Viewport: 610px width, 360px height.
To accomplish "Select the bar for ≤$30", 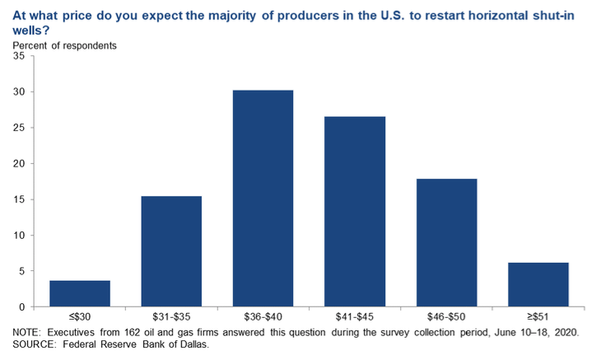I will pos(80,293).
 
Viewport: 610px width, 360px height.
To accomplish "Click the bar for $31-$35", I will pos(171,251).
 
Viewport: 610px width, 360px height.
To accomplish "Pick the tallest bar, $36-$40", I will pos(263,199).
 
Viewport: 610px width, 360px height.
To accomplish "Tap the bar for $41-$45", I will pos(355,212).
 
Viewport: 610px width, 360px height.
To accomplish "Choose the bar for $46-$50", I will pos(447,243).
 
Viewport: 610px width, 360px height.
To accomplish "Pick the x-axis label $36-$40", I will pos(263,318).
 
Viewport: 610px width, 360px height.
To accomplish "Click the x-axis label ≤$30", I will pos(80,318).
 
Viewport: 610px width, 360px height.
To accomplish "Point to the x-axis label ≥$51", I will pos(538,318).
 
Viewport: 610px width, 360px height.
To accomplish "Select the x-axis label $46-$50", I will pos(447,318).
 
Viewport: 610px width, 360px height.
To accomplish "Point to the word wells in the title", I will pos(27,29).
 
